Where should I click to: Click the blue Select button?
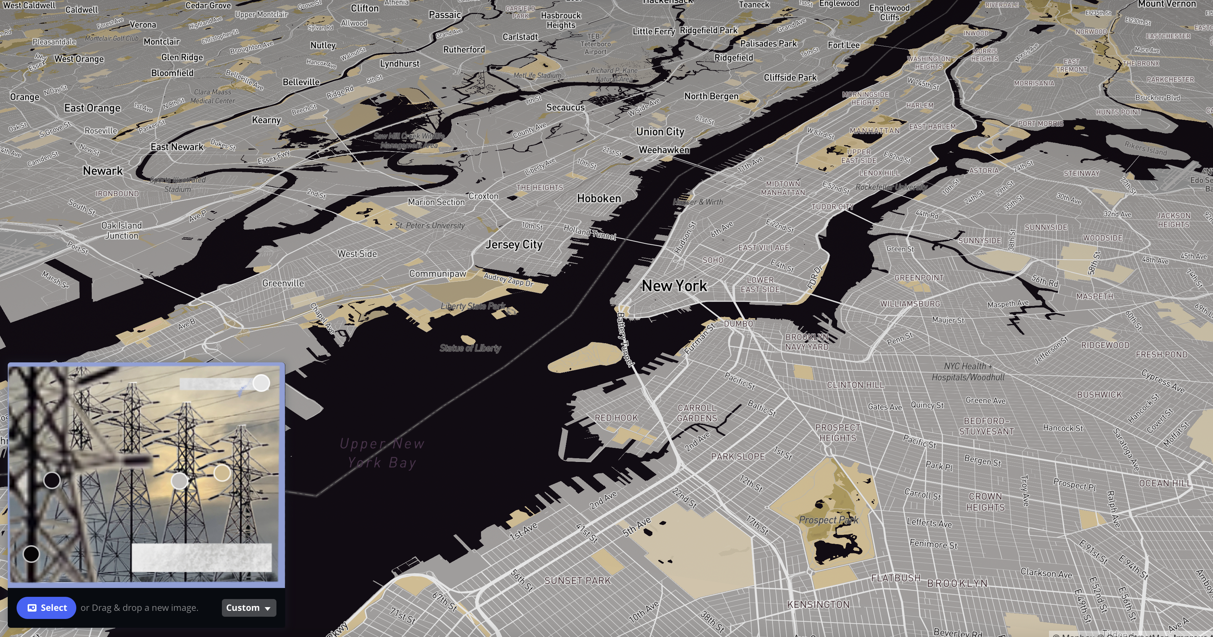point(46,608)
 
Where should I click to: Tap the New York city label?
point(674,286)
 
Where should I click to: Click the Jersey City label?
point(514,244)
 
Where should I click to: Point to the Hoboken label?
point(599,198)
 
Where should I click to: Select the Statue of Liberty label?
point(470,348)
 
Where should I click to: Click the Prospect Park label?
point(828,520)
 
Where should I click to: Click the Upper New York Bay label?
point(382,453)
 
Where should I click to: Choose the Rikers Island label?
point(1145,148)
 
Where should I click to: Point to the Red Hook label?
point(616,418)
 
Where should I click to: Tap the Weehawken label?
point(664,150)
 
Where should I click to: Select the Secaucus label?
point(565,107)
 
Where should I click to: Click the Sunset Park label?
point(577,581)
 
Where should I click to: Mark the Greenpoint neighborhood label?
point(919,278)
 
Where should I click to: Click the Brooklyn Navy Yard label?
point(806,342)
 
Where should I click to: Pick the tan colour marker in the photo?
point(222,472)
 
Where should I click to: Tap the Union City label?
point(660,132)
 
